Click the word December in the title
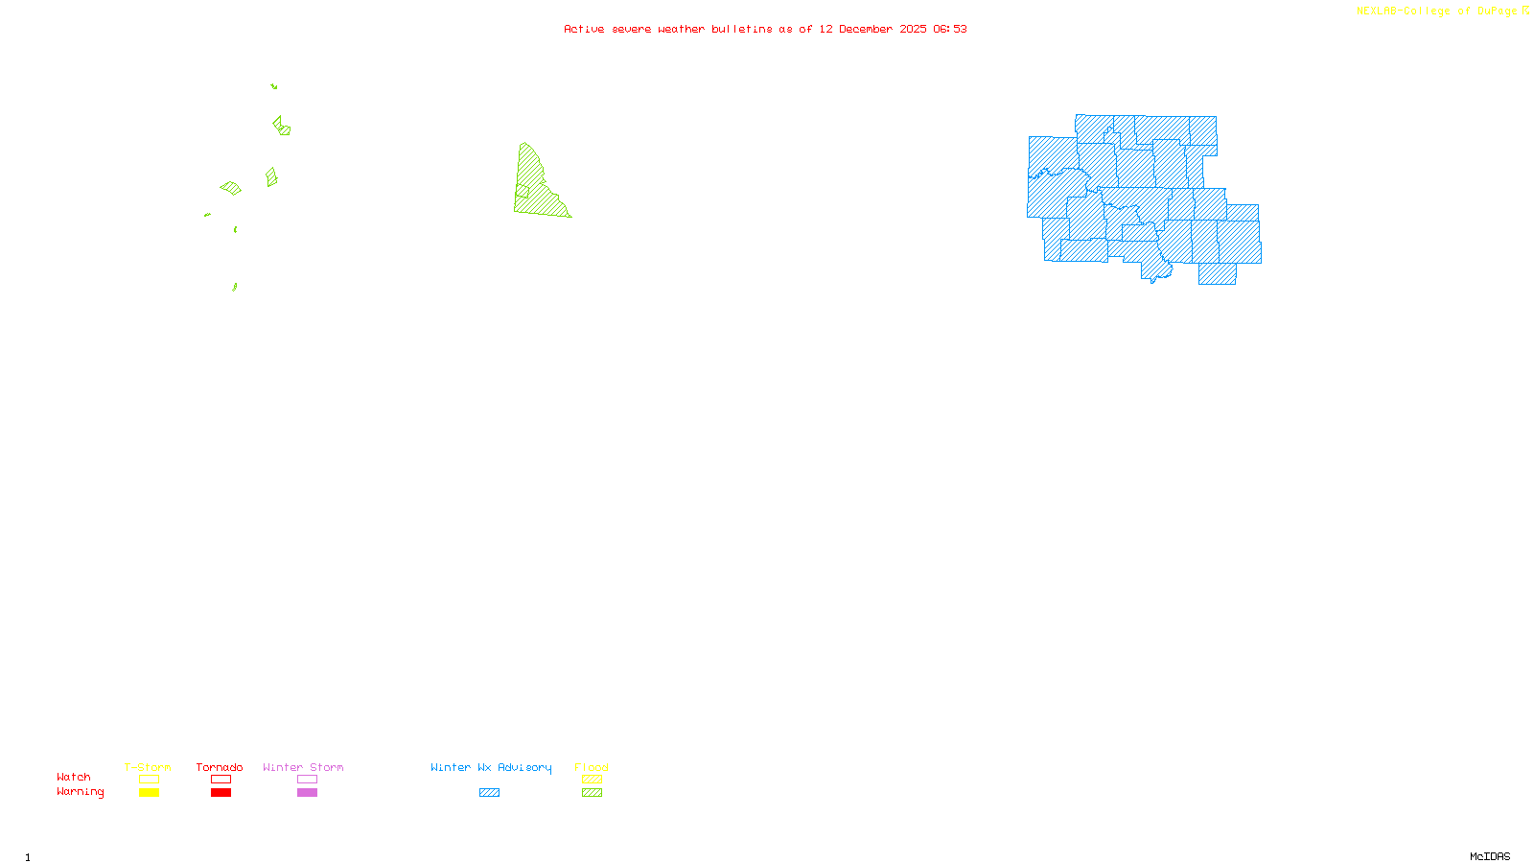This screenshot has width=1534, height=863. tap(866, 29)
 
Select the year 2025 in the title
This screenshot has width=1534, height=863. tap(913, 29)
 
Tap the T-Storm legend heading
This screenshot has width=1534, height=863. tap(148, 767)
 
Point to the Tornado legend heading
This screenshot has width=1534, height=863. tap(220, 767)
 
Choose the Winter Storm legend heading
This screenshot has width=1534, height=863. tap(303, 767)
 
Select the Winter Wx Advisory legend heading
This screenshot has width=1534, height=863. tap(491, 767)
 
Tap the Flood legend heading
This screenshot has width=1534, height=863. tap(592, 767)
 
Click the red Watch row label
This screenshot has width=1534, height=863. tap(74, 777)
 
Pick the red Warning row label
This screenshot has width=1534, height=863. tap(80, 792)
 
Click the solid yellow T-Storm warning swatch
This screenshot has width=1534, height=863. tap(149, 793)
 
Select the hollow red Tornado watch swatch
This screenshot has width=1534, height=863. tap(221, 780)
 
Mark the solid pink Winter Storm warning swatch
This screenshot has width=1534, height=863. tap(307, 793)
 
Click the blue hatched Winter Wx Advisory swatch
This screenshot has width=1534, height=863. tap(489, 793)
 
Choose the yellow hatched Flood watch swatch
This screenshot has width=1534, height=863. tap(592, 780)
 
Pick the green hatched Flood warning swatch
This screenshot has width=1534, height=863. tap(592, 793)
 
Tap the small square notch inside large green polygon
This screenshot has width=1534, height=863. tap(523, 191)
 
